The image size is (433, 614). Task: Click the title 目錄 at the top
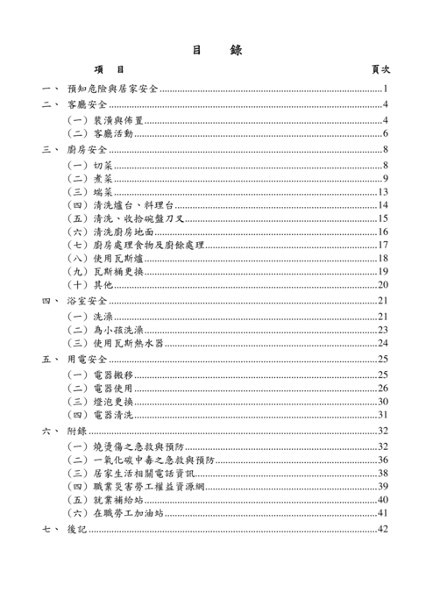(216, 50)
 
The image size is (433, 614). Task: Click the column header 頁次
(380, 69)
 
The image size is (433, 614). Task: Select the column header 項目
(109, 69)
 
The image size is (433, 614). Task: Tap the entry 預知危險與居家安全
(112, 89)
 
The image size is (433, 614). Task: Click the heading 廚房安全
(87, 150)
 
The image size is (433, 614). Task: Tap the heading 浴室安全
(87, 301)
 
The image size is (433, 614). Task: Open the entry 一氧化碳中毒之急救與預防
(139, 460)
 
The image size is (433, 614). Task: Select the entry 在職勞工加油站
(113, 513)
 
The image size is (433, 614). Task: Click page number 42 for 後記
(383, 530)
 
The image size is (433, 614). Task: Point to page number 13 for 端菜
(383, 192)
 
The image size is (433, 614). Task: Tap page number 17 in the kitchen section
(383, 245)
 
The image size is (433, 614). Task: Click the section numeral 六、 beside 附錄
(48, 431)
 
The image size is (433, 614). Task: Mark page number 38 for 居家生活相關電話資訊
(383, 473)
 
